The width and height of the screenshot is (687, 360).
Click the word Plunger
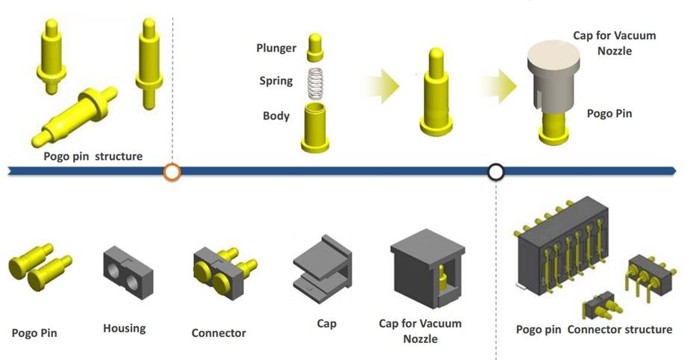point(276,49)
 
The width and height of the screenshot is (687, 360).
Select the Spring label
point(276,81)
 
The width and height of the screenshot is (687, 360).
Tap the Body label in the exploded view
point(276,116)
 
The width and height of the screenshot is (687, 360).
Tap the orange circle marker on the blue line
point(172,173)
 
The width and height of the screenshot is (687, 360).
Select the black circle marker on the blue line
point(496,173)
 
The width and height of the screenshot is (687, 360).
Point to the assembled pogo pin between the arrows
point(437,93)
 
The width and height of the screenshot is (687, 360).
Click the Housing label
point(124,328)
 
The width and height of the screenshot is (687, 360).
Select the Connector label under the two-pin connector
point(218,333)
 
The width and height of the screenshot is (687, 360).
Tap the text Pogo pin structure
point(92,156)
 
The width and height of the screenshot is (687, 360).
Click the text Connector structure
point(620,329)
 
